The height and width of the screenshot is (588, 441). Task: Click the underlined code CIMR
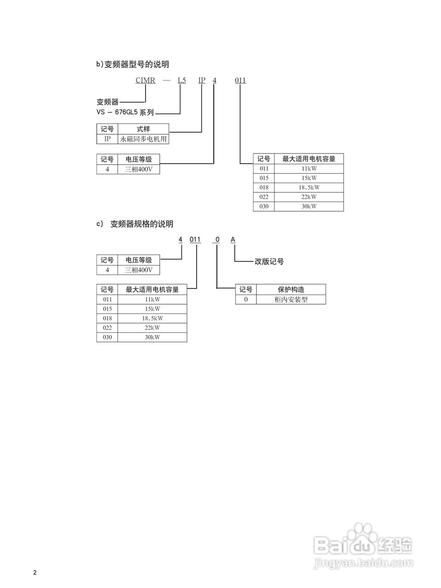[x=145, y=80]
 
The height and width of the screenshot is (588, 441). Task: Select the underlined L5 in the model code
[x=182, y=80]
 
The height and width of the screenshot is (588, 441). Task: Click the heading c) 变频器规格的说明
[x=135, y=224]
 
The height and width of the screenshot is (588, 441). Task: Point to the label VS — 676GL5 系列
[x=125, y=112]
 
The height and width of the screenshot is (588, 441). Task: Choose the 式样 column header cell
[x=143, y=129]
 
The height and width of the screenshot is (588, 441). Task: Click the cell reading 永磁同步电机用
[x=143, y=139]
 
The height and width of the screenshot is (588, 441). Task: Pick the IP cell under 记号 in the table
[x=107, y=139]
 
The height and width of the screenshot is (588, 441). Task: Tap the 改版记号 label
[x=269, y=261]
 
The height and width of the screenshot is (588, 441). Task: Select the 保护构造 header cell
[x=291, y=289]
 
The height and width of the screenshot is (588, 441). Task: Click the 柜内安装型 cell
[x=291, y=300]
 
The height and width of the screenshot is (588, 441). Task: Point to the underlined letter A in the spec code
[x=233, y=240]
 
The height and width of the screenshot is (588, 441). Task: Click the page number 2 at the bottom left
[x=35, y=572]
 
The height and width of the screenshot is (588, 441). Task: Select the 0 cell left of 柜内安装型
[x=246, y=300]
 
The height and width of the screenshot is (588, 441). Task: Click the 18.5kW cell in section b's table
[x=309, y=187]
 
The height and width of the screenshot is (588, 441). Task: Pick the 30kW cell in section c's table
[x=152, y=337]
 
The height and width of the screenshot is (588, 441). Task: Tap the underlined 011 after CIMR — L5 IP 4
[x=240, y=80]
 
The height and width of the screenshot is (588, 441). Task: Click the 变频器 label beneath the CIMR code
[x=107, y=102]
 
